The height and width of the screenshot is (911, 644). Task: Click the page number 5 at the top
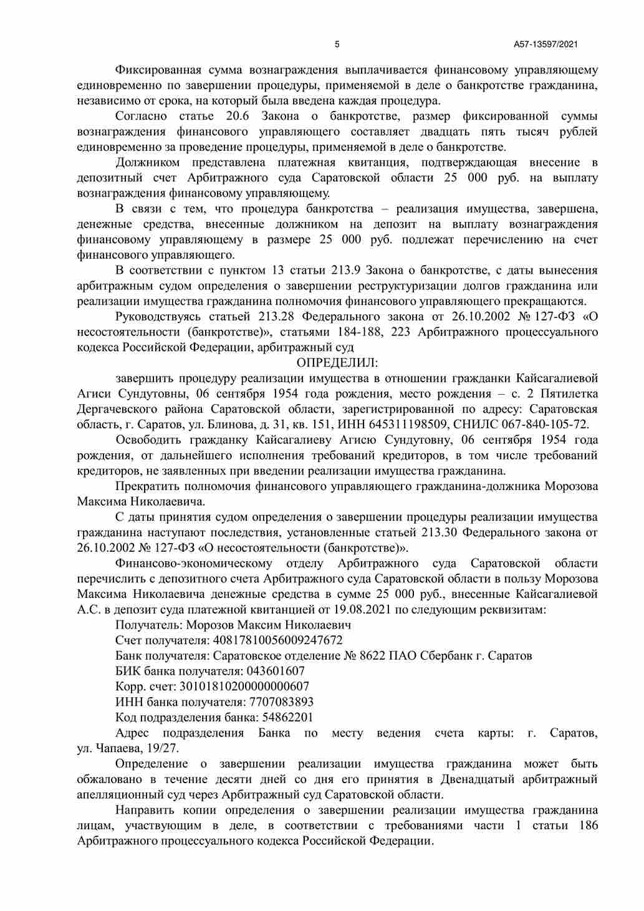[x=337, y=44]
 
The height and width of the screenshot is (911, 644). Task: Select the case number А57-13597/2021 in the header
[x=545, y=44]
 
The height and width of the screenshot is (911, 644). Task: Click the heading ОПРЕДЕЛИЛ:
[x=337, y=362]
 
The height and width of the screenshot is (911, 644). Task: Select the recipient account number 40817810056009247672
[x=278, y=640]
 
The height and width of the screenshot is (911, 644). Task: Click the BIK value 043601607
[x=276, y=671]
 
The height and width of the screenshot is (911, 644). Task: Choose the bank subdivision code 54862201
[x=287, y=717]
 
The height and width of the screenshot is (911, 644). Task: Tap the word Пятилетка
[x=569, y=393]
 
